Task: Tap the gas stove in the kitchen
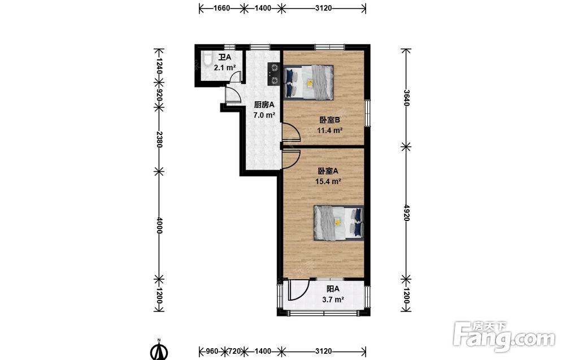[x=273, y=74]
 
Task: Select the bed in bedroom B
[x=308, y=82]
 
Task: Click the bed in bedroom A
[x=338, y=223]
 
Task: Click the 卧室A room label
[x=328, y=171]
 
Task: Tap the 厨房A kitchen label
[x=264, y=105]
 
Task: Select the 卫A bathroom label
[x=224, y=57]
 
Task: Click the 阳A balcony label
[x=333, y=289]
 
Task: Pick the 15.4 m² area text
[x=328, y=181]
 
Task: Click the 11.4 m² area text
[x=330, y=131]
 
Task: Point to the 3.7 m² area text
[x=333, y=300]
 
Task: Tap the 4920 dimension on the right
[x=406, y=212]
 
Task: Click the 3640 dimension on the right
[x=406, y=98]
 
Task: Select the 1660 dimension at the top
[x=221, y=8]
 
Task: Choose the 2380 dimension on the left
[x=159, y=139]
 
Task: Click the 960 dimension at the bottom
[x=212, y=350]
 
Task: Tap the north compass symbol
[x=159, y=350]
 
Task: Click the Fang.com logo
[x=505, y=337]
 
